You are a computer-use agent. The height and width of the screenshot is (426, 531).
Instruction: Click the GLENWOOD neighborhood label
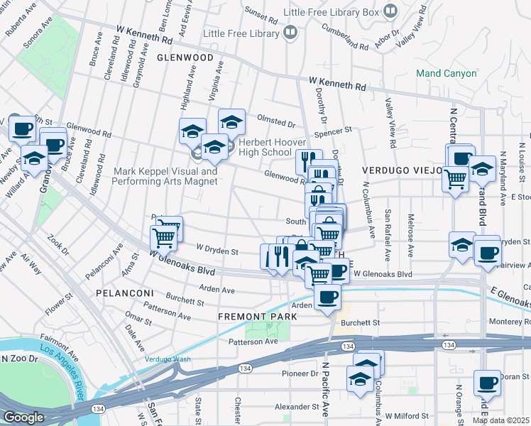coord(185,57)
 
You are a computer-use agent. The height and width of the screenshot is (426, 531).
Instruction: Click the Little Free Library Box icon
coord(390,11)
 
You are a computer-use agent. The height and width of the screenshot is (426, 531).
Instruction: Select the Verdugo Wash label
coord(168,359)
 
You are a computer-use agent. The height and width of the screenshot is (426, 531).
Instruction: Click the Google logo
coord(23,417)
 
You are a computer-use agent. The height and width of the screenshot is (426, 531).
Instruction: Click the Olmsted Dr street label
coord(276,122)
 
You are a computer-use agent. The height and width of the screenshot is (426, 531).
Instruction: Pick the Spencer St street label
coord(334,131)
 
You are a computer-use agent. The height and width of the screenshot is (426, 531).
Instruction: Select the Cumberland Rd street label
coord(345,38)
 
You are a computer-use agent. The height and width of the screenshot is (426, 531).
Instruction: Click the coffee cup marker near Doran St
coord(487,383)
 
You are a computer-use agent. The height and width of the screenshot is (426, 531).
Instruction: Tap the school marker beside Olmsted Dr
coord(231,123)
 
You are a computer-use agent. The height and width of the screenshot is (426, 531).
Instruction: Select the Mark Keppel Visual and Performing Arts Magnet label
coord(166,176)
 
